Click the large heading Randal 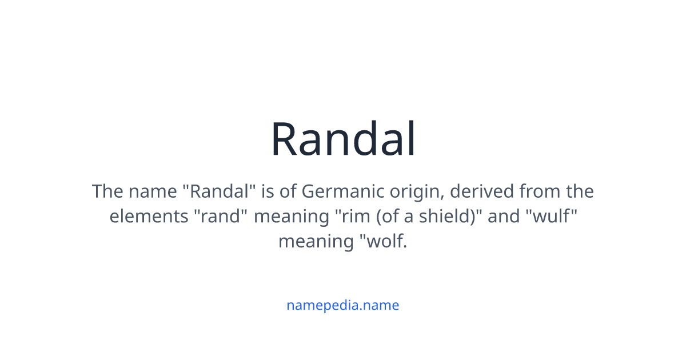(343, 139)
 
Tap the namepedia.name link (343, 305)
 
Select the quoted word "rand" (223, 216)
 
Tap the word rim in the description (348, 216)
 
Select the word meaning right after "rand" (288, 216)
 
